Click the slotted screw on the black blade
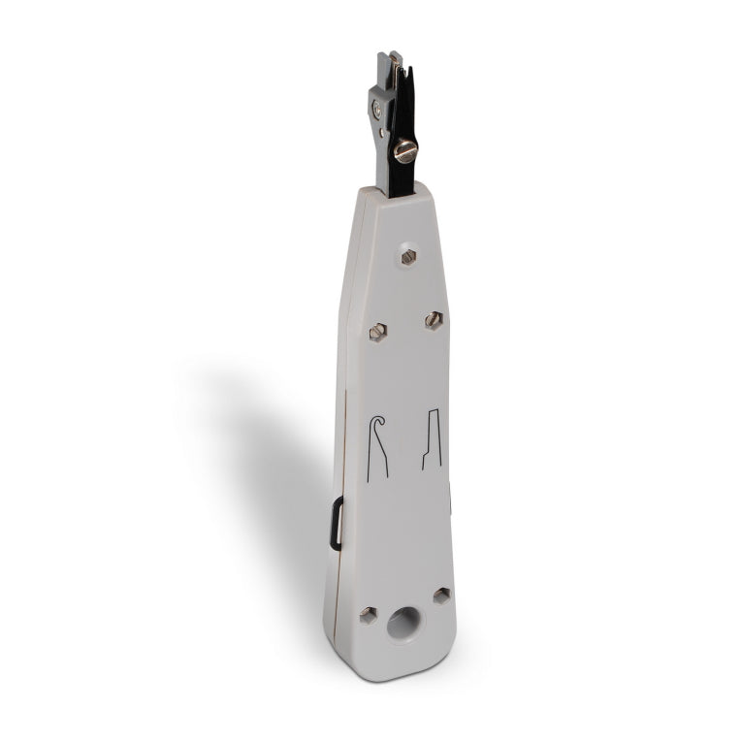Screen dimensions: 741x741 pos(404,149)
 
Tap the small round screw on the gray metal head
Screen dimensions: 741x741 pos(376,111)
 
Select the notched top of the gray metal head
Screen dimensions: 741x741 pos(387,61)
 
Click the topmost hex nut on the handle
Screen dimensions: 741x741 pos(408,256)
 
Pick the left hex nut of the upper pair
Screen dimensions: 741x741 pos(377,332)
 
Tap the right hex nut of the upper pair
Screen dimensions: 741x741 pos(434,319)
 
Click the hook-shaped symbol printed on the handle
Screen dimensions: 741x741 pos(377,446)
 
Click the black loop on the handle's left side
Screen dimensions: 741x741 pos(336,523)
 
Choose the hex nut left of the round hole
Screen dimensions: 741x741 pos(368,614)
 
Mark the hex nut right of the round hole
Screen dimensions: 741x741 pos(441,596)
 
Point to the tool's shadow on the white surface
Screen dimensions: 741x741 pos(262,456)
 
